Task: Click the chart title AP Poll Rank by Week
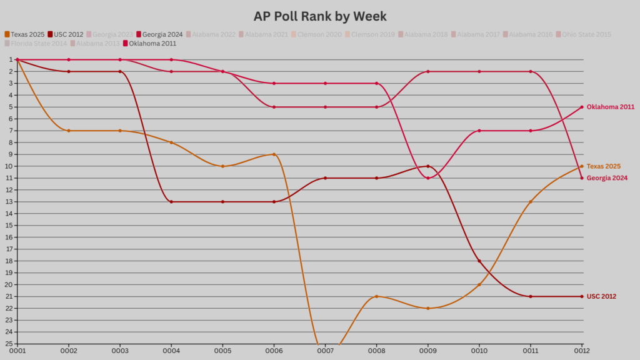click(320, 16)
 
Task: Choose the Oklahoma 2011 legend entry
click(152, 44)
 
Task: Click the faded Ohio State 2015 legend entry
click(586, 34)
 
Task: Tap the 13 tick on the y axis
click(11, 202)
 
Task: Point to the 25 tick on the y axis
click(11, 344)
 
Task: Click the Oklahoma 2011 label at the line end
click(611, 107)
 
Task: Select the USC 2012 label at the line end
click(601, 296)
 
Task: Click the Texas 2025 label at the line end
click(604, 166)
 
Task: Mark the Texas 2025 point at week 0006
click(274, 154)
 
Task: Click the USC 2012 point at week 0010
click(479, 261)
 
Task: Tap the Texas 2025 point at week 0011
click(531, 202)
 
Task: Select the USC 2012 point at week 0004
click(171, 202)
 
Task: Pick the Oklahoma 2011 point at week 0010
click(479, 131)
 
